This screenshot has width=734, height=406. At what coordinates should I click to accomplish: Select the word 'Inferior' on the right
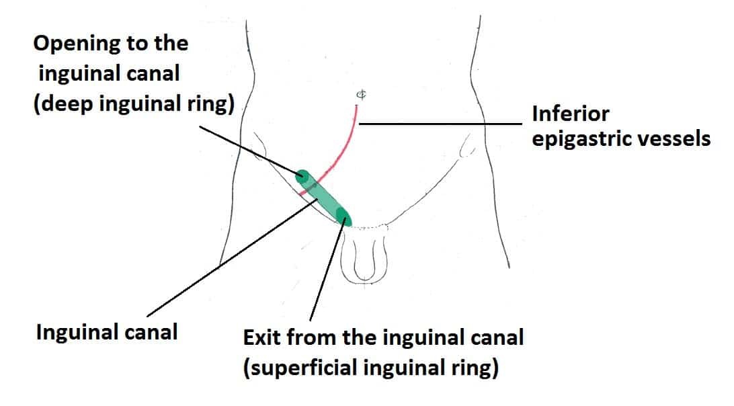click(x=570, y=114)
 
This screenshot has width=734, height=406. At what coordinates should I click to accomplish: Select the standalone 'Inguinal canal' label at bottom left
click(x=107, y=331)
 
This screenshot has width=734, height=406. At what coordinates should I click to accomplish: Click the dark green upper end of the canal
click(x=303, y=177)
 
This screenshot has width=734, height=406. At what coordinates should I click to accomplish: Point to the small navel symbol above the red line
click(x=360, y=95)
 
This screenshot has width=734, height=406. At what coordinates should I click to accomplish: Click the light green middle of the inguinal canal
click(x=323, y=197)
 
